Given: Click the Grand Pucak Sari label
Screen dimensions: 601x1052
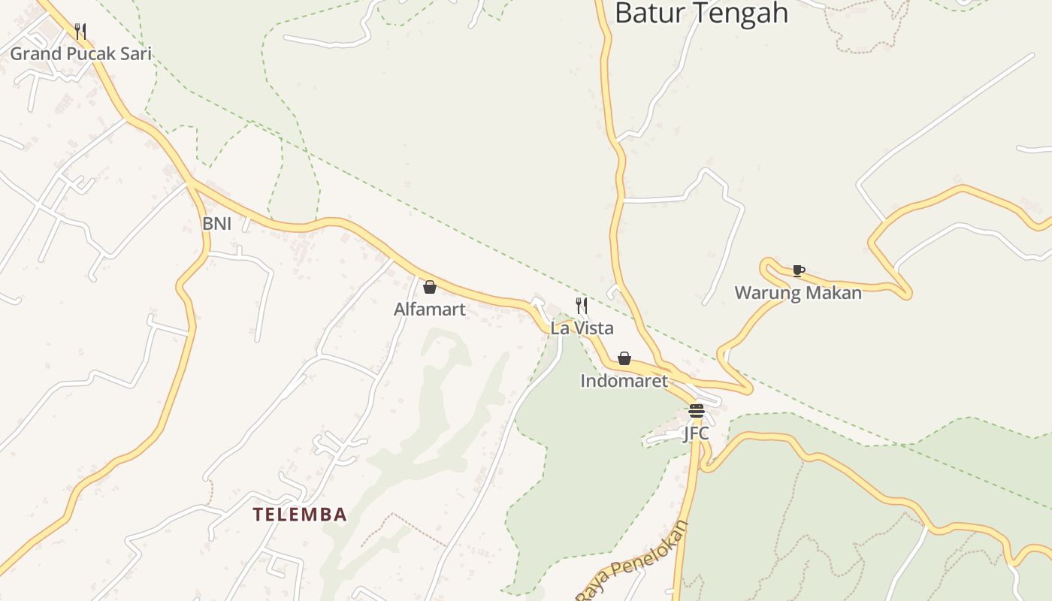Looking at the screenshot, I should [80, 53].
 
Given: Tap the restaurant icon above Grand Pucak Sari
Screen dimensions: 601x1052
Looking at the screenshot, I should [80, 31].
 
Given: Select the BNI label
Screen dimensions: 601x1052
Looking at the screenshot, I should [216, 223].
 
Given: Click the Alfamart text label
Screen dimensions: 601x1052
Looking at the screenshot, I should [430, 309].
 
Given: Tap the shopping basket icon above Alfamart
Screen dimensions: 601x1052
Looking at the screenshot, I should [430, 287].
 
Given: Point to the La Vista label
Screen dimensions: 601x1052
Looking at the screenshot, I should [582, 328].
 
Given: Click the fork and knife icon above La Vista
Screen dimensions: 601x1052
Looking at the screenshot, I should [582, 306].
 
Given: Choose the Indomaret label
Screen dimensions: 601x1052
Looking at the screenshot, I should [624, 381].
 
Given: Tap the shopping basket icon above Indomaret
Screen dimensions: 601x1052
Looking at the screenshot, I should [624, 358].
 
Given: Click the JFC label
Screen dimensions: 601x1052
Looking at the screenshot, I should [696, 433].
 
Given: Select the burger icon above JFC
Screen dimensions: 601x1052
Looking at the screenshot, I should [696, 411].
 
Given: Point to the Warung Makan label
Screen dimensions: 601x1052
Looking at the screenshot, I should [798, 293].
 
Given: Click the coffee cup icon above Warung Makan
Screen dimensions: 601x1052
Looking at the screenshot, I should [798, 270].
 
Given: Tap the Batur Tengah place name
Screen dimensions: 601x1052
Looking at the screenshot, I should [701, 14].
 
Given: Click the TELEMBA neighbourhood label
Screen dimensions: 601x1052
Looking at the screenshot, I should [300, 515].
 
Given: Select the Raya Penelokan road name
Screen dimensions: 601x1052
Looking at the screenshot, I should [633, 560].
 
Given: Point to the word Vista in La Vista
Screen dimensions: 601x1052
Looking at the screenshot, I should [593, 328].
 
